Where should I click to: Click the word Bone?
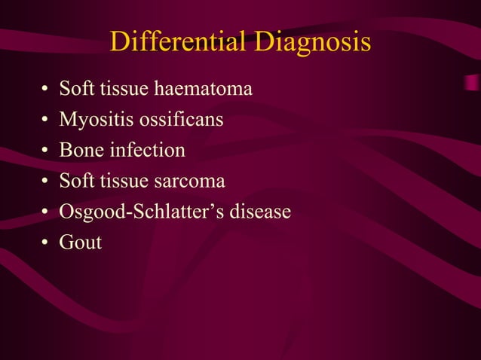pos(81,150)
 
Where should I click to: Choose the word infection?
pos(147,150)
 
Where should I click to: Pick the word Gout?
pos(81,243)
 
